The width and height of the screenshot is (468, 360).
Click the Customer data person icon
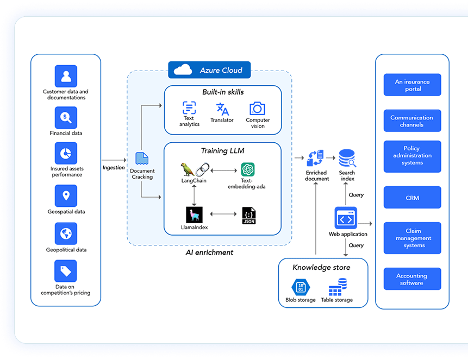[x=66, y=76]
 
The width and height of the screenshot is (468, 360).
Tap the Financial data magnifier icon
[x=66, y=117]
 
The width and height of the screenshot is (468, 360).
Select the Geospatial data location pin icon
[x=66, y=196]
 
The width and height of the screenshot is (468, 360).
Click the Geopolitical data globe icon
[x=66, y=233]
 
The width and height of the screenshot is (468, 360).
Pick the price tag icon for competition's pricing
[x=66, y=271]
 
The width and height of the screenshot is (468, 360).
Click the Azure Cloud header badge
[x=209, y=70]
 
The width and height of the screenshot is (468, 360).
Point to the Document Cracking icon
[x=142, y=159]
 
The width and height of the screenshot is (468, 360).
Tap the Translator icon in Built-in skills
[x=222, y=108]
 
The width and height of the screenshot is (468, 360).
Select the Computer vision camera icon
[x=257, y=108]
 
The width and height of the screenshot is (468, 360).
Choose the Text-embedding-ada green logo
[x=248, y=169]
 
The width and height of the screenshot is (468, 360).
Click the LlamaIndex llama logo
[x=194, y=214]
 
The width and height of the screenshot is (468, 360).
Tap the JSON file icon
[x=249, y=214]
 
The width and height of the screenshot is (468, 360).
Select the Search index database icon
[x=347, y=158]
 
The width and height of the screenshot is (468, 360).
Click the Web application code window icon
[x=346, y=219]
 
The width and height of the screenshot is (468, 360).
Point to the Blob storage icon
[x=300, y=287]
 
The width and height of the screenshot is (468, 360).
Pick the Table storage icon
[x=337, y=286]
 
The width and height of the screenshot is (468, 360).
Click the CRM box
[x=412, y=198]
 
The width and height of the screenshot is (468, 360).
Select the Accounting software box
[x=412, y=279]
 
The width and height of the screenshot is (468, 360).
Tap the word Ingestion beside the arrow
[x=114, y=168]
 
